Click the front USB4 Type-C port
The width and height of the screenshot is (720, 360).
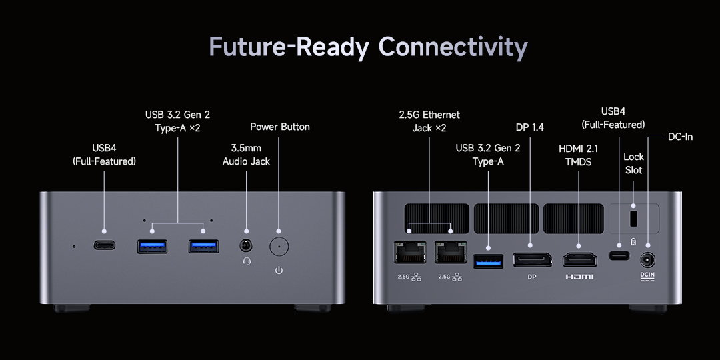point(104,245)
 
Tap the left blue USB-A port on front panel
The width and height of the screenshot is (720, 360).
point(151,247)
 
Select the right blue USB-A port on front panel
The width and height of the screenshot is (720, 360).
point(203,247)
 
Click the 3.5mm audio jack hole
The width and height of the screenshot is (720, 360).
point(247,246)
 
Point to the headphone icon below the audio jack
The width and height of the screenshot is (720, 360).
point(247,261)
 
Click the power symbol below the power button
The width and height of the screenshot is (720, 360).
point(279,270)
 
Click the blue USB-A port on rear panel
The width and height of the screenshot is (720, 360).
point(489,261)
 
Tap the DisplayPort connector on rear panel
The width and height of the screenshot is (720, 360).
point(531,260)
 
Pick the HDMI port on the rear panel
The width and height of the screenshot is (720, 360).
point(579,260)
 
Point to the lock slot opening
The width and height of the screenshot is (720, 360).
point(633,218)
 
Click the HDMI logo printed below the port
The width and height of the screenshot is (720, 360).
point(579,276)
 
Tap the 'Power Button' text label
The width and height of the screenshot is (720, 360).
point(280,127)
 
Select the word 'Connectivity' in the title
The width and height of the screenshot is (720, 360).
point(453,47)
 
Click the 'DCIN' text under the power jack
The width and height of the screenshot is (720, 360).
point(647,274)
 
